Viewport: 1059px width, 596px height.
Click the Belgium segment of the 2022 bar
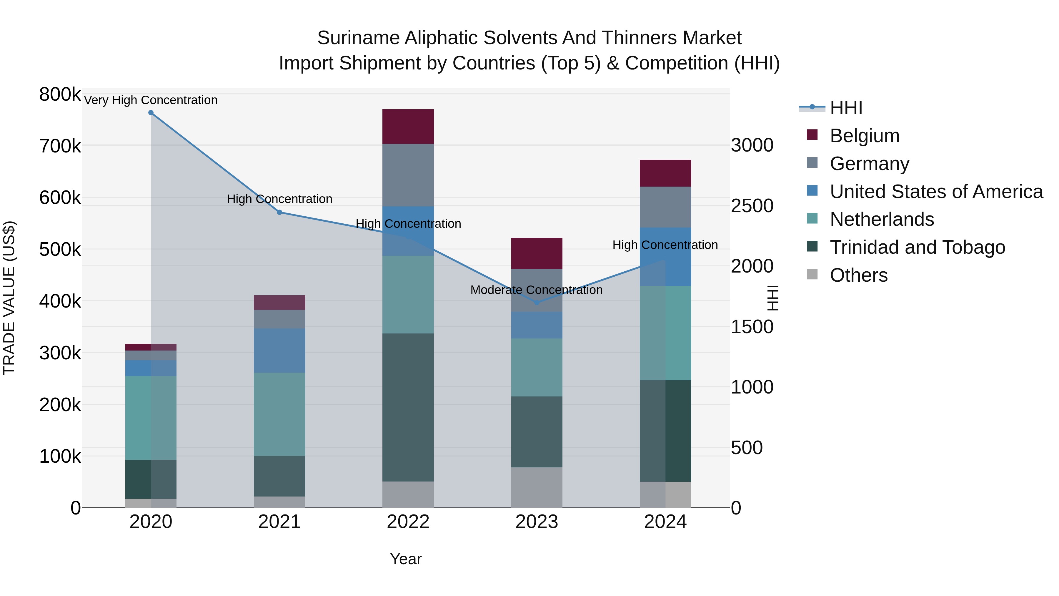click(408, 126)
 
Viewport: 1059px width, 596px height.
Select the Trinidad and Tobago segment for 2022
click(408, 407)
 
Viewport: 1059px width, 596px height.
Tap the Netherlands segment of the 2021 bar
click(279, 414)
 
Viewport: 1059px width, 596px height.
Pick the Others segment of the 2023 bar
click(537, 487)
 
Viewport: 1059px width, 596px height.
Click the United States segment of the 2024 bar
click(665, 257)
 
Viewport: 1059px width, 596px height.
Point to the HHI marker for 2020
click(151, 113)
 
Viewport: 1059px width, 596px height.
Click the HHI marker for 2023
click(537, 303)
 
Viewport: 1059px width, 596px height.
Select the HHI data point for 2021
click(279, 212)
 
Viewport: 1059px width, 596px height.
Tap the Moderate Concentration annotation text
click(537, 290)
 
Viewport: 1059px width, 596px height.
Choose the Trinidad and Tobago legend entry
click(917, 247)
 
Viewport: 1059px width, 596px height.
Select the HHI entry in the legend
click(846, 108)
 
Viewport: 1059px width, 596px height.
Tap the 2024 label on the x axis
click(665, 522)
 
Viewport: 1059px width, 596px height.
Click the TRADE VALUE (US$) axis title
click(9, 298)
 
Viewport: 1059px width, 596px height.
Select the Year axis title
click(406, 559)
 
